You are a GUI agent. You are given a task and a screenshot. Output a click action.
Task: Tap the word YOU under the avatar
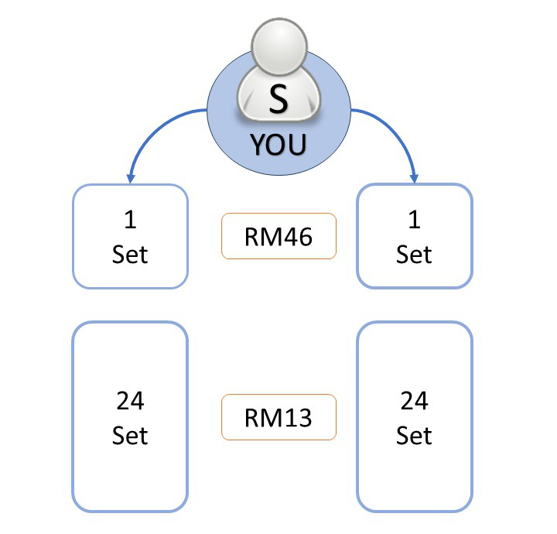point(278,144)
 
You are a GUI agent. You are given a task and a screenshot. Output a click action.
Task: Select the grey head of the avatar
point(278,46)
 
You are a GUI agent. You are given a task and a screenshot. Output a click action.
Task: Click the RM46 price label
point(278,236)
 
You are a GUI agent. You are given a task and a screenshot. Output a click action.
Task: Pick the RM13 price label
point(278,418)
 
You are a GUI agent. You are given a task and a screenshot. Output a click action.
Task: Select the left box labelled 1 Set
point(130,236)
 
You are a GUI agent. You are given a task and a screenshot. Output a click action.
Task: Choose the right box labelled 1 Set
point(414,236)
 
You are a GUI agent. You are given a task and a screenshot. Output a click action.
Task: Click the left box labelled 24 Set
point(130,418)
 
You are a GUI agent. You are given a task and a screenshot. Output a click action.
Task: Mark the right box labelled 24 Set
point(414,418)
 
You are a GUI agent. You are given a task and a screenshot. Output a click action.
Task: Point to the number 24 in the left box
point(130,401)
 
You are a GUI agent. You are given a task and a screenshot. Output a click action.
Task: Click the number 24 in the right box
point(414,401)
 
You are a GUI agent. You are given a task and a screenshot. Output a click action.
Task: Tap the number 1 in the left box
point(130,221)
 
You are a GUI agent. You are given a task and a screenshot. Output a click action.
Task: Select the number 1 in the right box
point(414,221)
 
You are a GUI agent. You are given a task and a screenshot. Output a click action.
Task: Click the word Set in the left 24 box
point(130,436)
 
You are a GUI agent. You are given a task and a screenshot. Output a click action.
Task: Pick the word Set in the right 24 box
point(414,436)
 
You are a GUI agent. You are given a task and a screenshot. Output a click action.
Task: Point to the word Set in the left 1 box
point(130,254)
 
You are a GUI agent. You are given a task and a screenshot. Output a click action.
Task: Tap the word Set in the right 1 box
point(414,254)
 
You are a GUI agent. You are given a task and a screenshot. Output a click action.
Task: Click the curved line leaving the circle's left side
point(159,124)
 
